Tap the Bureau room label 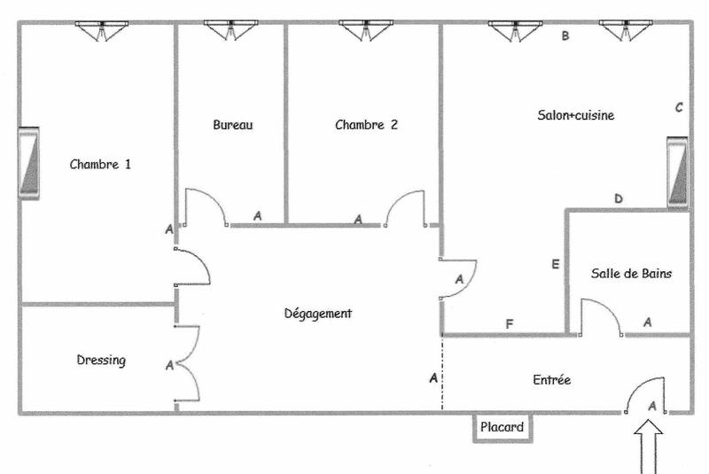pos(233,125)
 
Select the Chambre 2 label pos(366,125)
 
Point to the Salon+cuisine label pos(576,115)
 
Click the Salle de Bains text pos(631,274)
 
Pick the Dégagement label pos(318,314)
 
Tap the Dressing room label pos(101,361)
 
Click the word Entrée pos(551,380)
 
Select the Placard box pos(502,427)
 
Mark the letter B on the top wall pos(564,37)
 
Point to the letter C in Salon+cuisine pos(679,108)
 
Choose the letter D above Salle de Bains pos(619,198)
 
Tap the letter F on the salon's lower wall pos(509,324)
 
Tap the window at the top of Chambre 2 pos(365,30)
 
